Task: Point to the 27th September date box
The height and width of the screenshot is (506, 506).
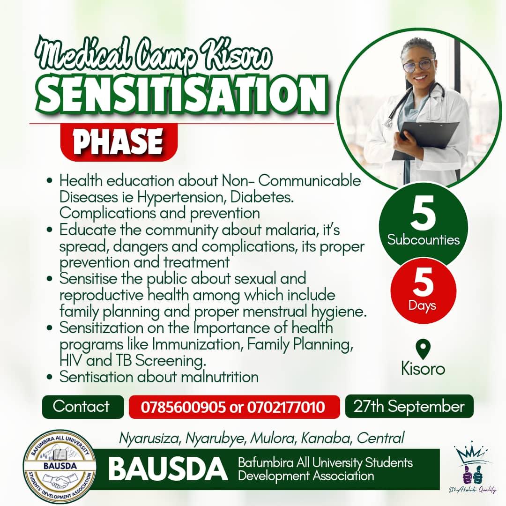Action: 409,406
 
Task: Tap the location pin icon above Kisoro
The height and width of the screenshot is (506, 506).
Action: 423,350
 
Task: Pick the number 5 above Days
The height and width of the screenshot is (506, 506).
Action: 423,284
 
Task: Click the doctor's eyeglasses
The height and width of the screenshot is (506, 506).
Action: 417,65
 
